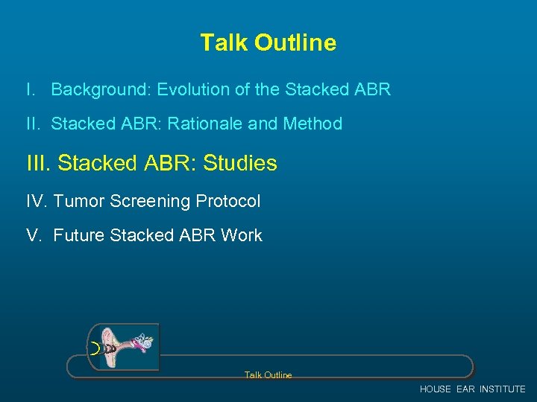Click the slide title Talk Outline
(268, 42)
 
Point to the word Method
(313, 124)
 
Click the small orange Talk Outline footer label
(268, 375)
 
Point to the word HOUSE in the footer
(436, 389)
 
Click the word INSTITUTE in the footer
(502, 389)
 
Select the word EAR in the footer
(465, 389)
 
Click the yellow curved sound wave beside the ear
(95, 348)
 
